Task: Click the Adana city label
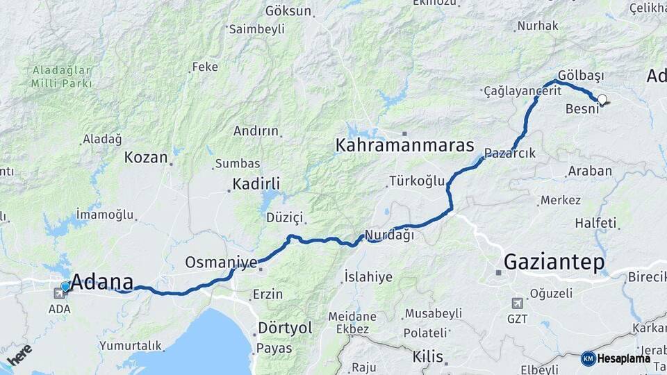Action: pos(103,282)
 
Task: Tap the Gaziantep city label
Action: pos(554,262)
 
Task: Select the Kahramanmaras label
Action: pos(404,146)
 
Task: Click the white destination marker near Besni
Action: pos(602,100)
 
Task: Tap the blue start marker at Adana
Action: pos(65,286)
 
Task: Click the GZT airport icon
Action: pos(517,303)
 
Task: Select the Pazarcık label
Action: pos(509,153)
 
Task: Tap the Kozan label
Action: pos(146,158)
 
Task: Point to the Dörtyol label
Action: pos(285,328)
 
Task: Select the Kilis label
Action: pos(427,357)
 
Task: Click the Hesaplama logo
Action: pos(616,358)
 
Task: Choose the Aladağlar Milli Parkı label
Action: pos(61,76)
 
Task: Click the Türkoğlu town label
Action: pos(416,181)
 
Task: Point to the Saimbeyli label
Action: pos(256,29)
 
